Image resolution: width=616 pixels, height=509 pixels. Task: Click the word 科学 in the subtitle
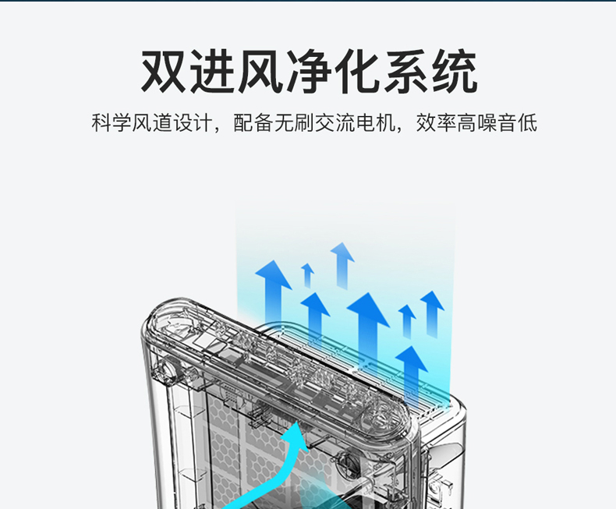pyautogui.click(x=111, y=123)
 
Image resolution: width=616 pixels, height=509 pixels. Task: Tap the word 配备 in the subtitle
pyautogui.click(x=253, y=123)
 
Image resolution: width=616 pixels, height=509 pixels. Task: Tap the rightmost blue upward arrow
pyautogui.click(x=432, y=312)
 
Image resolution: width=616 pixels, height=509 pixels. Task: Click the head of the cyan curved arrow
pyautogui.click(x=297, y=437)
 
